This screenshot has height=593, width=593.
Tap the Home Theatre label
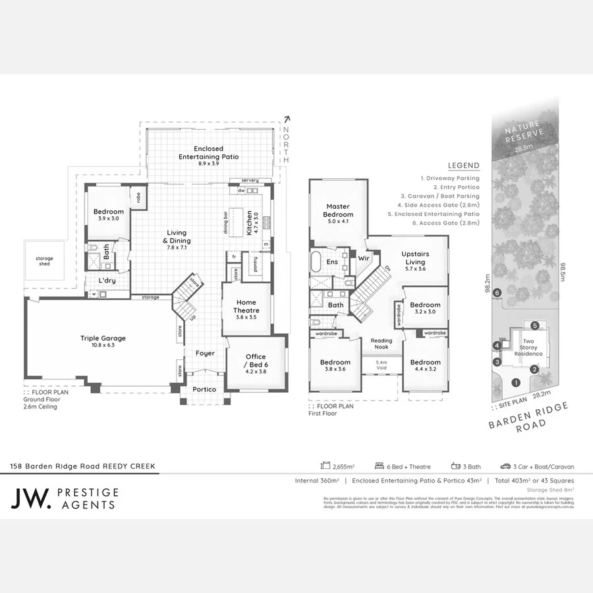click(x=247, y=306)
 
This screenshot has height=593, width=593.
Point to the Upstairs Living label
click(x=416, y=258)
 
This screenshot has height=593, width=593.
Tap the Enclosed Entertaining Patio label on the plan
click(x=208, y=153)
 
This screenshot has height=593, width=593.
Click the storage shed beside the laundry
click(x=45, y=261)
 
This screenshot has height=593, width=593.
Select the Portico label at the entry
click(x=204, y=389)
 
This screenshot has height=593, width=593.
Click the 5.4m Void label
click(x=381, y=364)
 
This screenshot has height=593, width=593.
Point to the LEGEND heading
click(x=463, y=165)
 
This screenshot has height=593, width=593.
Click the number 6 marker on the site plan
click(x=497, y=293)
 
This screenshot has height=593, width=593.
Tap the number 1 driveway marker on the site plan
click(x=516, y=382)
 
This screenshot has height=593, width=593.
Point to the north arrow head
click(x=286, y=119)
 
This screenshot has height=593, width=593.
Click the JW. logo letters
click(x=31, y=499)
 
